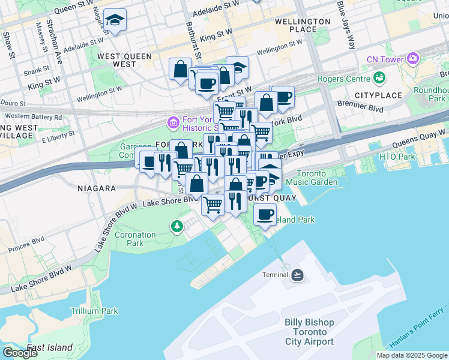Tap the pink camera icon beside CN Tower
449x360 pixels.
412,59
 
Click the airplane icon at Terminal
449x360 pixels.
297,275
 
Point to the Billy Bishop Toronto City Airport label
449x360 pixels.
309,332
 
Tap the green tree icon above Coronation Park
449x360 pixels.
176,226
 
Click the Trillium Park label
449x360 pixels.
94,311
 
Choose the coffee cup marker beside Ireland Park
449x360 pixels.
265,214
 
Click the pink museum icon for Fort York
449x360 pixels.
173,123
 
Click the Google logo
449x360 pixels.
20,353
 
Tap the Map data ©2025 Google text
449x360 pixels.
412,355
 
